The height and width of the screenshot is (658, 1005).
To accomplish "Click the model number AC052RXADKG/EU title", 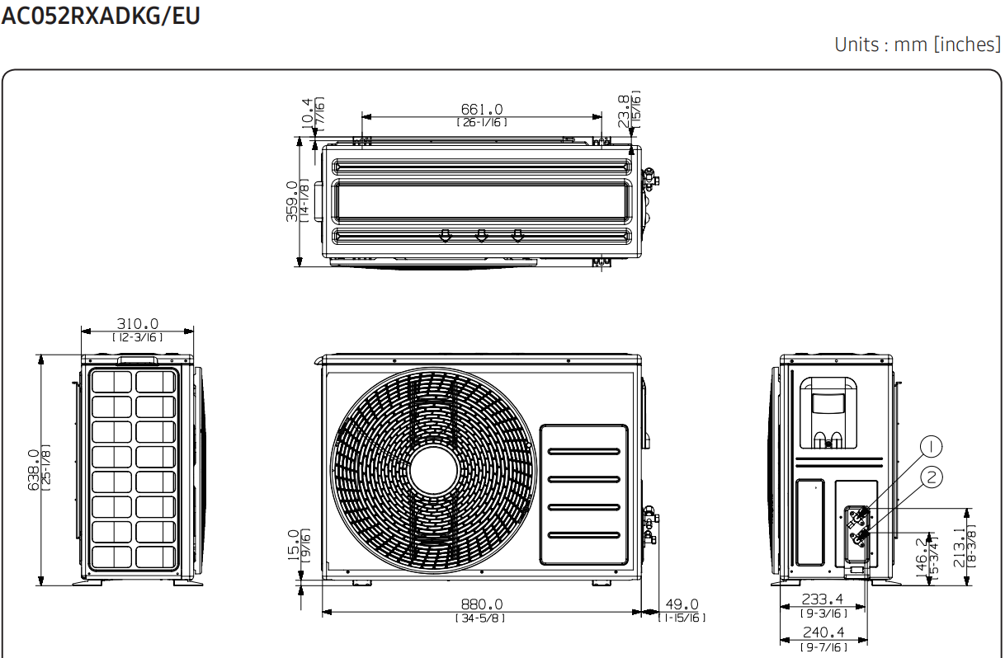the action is coord(101,16).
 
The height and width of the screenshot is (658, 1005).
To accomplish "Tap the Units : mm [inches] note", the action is coord(918,45).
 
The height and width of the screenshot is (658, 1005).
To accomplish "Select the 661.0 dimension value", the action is coord(482,110).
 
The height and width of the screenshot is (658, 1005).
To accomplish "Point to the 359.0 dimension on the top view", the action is coord(292,201).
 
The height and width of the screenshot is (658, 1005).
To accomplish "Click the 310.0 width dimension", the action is coord(138,323).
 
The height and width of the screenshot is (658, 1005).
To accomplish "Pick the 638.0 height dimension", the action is coord(34,470).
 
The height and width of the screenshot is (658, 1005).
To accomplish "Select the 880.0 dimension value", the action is coord(482,604).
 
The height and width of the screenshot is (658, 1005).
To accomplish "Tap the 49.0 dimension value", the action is coord(682,604).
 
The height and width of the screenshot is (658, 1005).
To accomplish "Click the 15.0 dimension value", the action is coord(293,545).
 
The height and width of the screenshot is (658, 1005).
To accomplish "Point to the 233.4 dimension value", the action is coord(823,599).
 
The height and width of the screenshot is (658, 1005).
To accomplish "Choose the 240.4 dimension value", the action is coord(823,632).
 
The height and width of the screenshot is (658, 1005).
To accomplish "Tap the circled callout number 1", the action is coord(931,447).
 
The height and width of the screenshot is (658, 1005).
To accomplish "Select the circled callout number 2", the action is coord(931,477).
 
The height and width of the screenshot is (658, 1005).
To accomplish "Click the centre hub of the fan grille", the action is coord(433,470).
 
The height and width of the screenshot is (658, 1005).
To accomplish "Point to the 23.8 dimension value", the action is coord(624,111).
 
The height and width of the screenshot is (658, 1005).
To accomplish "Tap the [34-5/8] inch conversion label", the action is coord(480,618).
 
